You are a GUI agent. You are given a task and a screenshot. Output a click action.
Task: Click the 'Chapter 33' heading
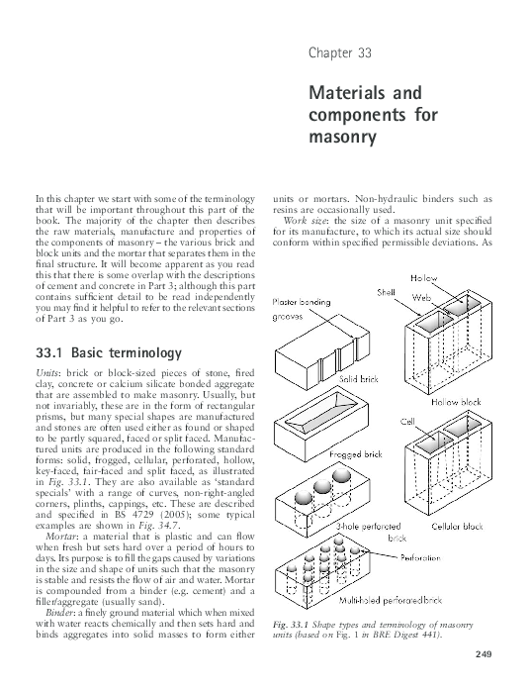[340, 51]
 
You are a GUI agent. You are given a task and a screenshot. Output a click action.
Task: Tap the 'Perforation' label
[455, 557]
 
